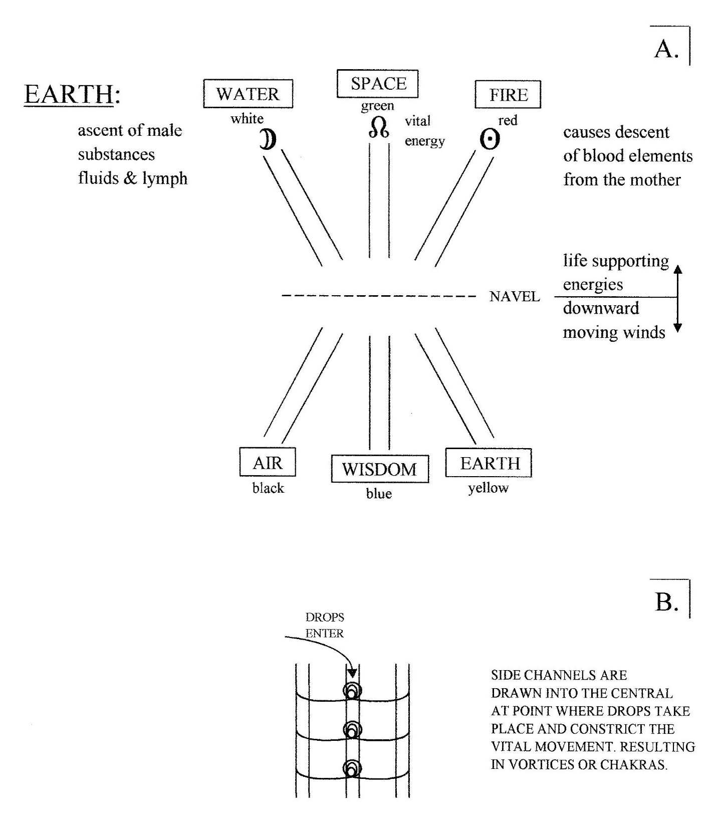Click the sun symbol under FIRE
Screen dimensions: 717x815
(490, 140)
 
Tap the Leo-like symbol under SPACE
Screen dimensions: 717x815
(379, 127)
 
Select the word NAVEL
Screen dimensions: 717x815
(515, 297)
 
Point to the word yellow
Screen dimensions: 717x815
(489, 488)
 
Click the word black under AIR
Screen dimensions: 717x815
(268, 488)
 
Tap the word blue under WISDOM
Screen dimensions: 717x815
(379, 493)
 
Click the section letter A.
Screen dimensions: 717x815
(667, 49)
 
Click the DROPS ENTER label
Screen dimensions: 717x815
(325, 625)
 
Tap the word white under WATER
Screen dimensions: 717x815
(247, 119)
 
